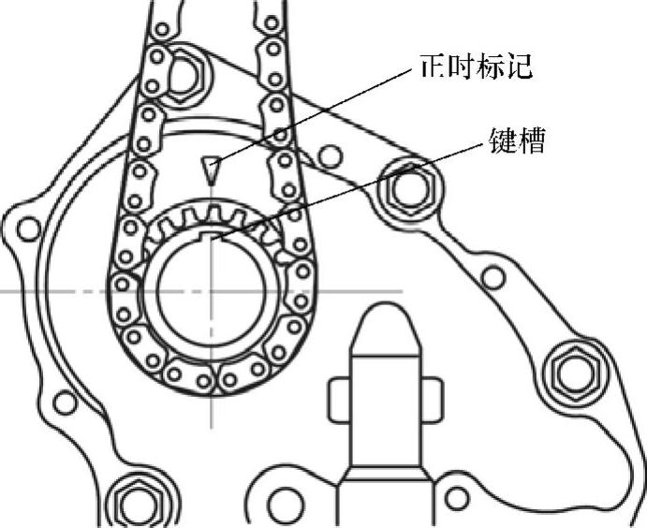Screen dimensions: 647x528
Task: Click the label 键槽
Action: (517, 142)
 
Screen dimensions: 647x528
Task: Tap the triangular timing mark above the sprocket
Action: (212, 168)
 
